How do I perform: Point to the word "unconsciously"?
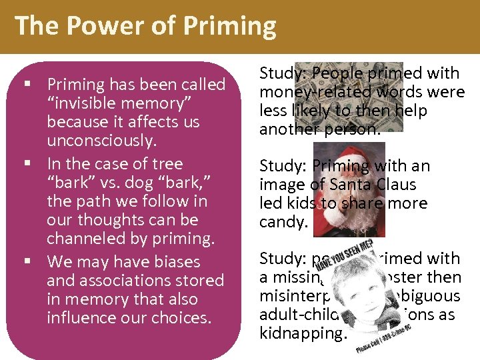point(101,141)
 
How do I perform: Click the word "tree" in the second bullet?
point(167,163)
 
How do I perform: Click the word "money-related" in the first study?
point(301,92)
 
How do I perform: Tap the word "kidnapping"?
point(302,331)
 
